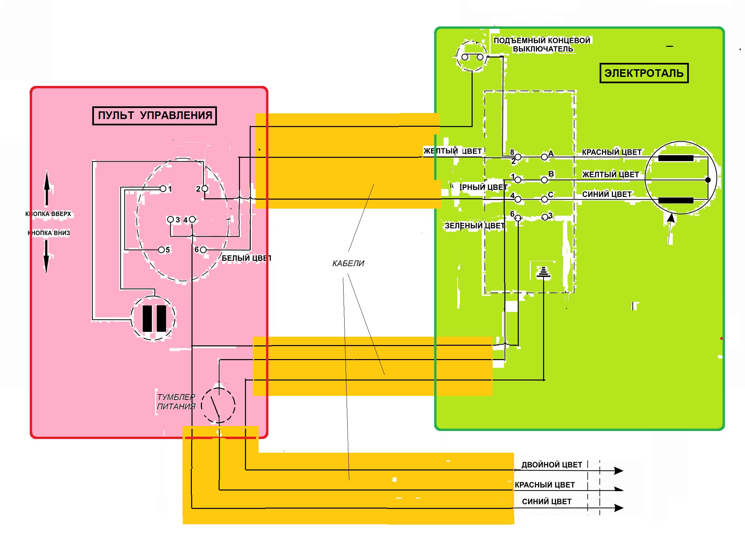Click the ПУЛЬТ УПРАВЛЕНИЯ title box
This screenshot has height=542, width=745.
(x=154, y=116)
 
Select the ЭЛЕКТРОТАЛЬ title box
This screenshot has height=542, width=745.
(x=644, y=73)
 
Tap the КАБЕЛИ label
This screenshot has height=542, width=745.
(x=348, y=263)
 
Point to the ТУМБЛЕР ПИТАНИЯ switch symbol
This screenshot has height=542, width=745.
(x=218, y=405)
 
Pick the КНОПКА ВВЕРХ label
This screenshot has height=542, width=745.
(x=48, y=214)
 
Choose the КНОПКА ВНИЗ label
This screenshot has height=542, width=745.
(x=49, y=233)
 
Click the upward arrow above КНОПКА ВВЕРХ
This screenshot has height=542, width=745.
(x=47, y=187)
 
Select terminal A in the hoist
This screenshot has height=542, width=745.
(x=544, y=157)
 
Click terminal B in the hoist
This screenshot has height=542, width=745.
(x=544, y=180)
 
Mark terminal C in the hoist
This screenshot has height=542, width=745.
(x=544, y=199)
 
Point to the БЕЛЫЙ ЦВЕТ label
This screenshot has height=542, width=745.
(x=246, y=258)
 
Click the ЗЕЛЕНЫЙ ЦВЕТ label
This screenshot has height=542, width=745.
(x=475, y=226)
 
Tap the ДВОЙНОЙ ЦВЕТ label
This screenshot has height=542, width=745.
(x=551, y=465)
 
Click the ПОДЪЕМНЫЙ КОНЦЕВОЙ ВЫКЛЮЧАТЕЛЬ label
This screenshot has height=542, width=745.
(x=542, y=45)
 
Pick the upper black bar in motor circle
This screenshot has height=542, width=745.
(x=675, y=158)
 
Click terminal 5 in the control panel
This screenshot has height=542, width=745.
(x=161, y=250)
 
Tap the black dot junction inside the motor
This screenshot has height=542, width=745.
(x=708, y=180)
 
